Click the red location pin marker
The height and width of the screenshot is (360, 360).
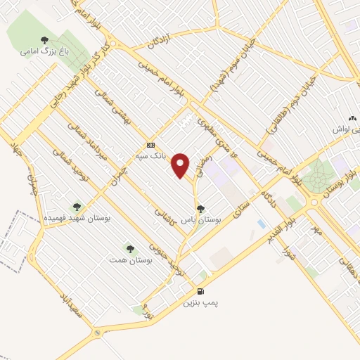(x=182, y=165)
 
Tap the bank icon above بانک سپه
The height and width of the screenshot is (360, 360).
(x=149, y=146)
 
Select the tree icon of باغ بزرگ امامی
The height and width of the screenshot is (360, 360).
(x=44, y=40)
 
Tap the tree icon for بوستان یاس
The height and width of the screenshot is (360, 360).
(x=202, y=208)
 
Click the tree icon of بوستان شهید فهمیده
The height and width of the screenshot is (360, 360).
(x=77, y=207)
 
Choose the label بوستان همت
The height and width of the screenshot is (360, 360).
(x=129, y=260)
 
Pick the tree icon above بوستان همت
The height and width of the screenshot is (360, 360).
(x=129, y=248)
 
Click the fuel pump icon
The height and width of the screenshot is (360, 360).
(x=201, y=292)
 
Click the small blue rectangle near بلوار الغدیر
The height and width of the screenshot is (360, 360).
(x=262, y=224)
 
